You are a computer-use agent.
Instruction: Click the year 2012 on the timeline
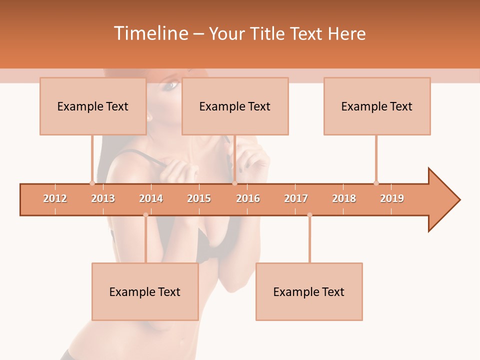click(55, 198)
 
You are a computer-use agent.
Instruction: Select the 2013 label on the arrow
click(103, 198)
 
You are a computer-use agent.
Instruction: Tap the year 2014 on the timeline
click(151, 198)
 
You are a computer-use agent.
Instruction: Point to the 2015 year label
click(199, 198)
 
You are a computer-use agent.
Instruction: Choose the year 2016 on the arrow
click(248, 198)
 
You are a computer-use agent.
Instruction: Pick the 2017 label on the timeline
click(296, 198)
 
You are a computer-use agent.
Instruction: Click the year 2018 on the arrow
click(344, 198)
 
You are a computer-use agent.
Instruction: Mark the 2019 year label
click(392, 198)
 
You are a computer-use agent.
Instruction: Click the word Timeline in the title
click(150, 33)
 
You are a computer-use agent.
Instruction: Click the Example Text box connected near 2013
click(93, 106)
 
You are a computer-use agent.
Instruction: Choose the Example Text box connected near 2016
click(235, 106)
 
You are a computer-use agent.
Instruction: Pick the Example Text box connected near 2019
click(377, 106)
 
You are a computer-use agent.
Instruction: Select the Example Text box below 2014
click(145, 291)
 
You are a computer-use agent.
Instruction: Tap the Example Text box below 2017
click(309, 291)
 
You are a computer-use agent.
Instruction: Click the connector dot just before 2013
click(92, 183)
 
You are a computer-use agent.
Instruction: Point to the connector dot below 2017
click(309, 215)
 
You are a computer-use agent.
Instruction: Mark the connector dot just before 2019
click(376, 183)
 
